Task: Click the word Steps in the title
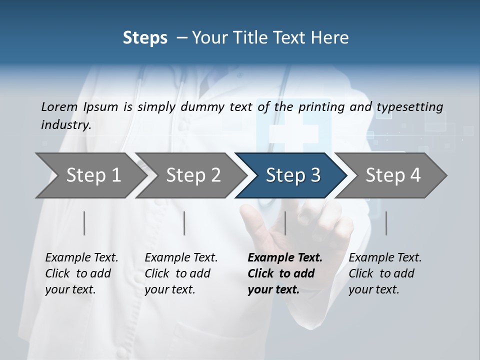point(145,37)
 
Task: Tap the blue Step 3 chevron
point(292,175)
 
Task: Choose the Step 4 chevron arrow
point(393,175)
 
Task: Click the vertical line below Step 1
point(84,223)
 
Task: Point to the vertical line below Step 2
point(184,223)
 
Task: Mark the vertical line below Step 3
point(285,223)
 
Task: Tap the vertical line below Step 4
point(386,223)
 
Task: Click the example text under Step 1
point(81,273)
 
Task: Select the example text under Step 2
point(181,273)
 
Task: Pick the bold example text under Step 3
point(284,273)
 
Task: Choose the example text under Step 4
point(385,273)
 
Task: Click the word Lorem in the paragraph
point(59,106)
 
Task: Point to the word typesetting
point(409,107)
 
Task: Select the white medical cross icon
point(294,133)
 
